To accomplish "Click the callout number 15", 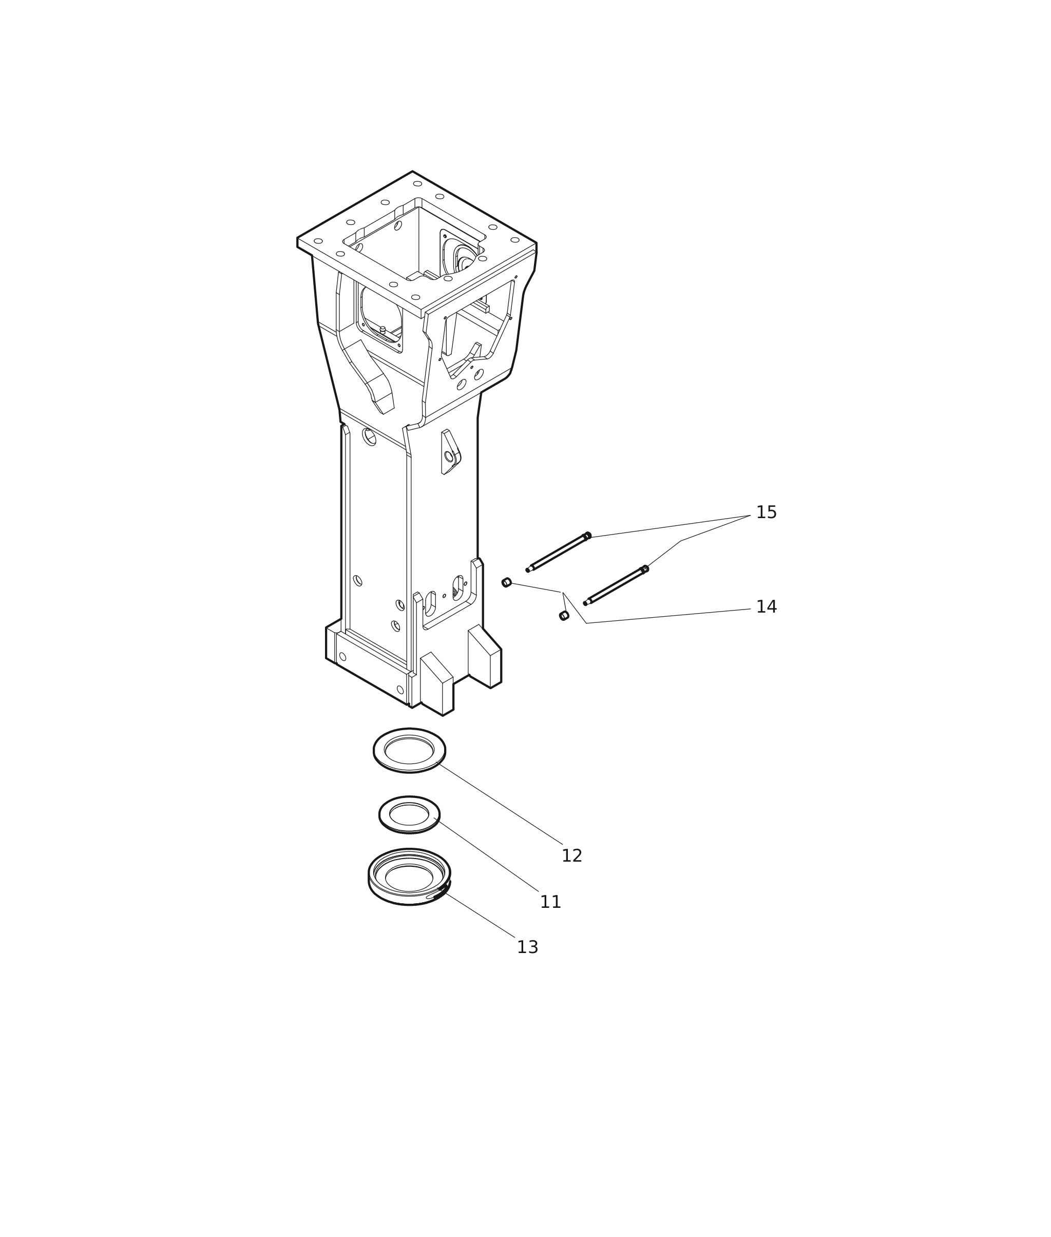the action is (766, 512).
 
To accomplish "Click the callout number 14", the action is (766, 607).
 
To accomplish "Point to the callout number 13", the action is (527, 948).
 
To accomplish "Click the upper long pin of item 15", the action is (558, 552).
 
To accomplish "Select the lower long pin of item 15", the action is (616, 586).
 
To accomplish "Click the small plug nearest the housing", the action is (506, 582).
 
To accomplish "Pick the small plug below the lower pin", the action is (564, 616).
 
